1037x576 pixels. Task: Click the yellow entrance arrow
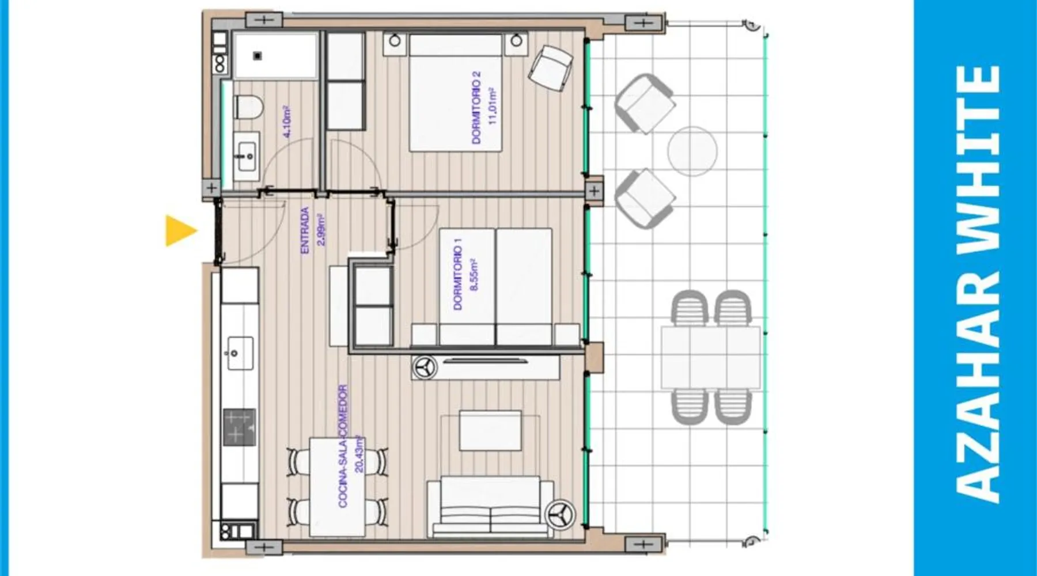click(181, 231)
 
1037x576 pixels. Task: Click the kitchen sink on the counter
click(239, 353)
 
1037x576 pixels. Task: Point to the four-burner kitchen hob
click(239, 427)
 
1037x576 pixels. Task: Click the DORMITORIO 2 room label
click(475, 108)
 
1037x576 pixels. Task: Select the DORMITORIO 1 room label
click(458, 278)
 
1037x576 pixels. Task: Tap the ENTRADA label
click(305, 230)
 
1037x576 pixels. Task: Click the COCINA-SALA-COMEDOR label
click(343, 446)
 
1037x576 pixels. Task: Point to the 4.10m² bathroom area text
click(287, 122)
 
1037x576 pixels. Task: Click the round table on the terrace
click(692, 151)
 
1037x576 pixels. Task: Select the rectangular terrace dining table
click(711, 358)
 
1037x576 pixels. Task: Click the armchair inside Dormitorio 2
click(551, 68)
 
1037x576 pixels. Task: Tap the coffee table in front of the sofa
click(490, 431)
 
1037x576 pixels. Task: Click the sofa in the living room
click(490, 507)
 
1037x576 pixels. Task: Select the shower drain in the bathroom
click(258, 56)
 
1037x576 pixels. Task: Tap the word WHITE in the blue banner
click(978, 158)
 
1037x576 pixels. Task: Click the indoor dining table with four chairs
click(338, 487)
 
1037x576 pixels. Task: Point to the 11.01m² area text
click(491, 106)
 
